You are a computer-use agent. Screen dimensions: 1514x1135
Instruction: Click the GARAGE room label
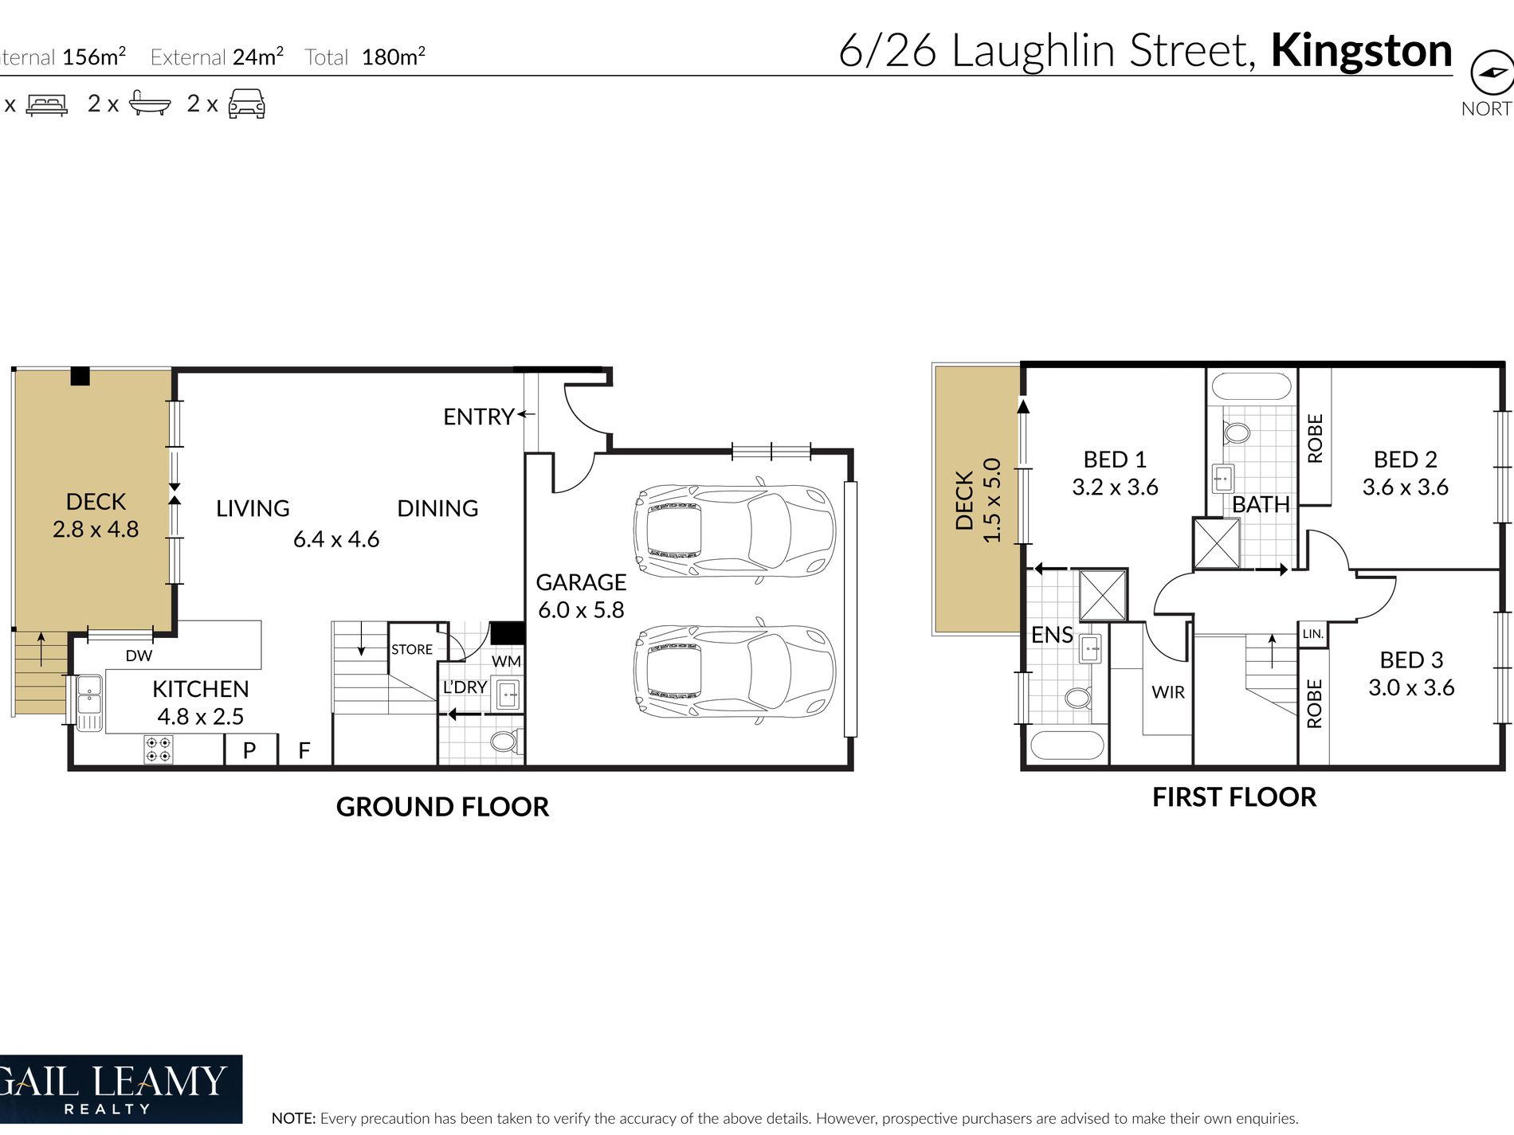point(581,582)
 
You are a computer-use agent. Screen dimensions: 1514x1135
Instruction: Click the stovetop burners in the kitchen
point(158,749)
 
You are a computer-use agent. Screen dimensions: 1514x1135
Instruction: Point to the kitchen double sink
point(89,703)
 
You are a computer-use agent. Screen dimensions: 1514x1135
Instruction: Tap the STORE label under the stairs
point(412,649)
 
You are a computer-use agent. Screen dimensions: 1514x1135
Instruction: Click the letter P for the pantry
point(249,750)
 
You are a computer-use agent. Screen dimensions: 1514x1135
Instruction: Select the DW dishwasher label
point(139,656)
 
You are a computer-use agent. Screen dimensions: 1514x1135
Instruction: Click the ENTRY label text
point(478,417)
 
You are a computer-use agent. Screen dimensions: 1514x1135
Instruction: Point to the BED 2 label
point(1405,460)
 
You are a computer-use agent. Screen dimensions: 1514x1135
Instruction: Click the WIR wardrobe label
point(1168,692)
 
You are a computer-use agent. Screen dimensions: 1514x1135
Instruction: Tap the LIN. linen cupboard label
point(1313,634)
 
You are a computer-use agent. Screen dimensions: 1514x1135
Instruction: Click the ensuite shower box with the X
point(1103,595)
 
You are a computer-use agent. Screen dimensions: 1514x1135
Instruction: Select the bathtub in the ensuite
point(1067,746)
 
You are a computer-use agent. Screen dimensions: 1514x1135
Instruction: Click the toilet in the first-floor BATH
point(1237,433)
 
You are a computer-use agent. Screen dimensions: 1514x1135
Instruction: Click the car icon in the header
point(246,104)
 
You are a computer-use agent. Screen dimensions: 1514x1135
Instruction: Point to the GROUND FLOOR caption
point(442,807)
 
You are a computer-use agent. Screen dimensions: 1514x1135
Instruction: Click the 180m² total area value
point(394,57)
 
